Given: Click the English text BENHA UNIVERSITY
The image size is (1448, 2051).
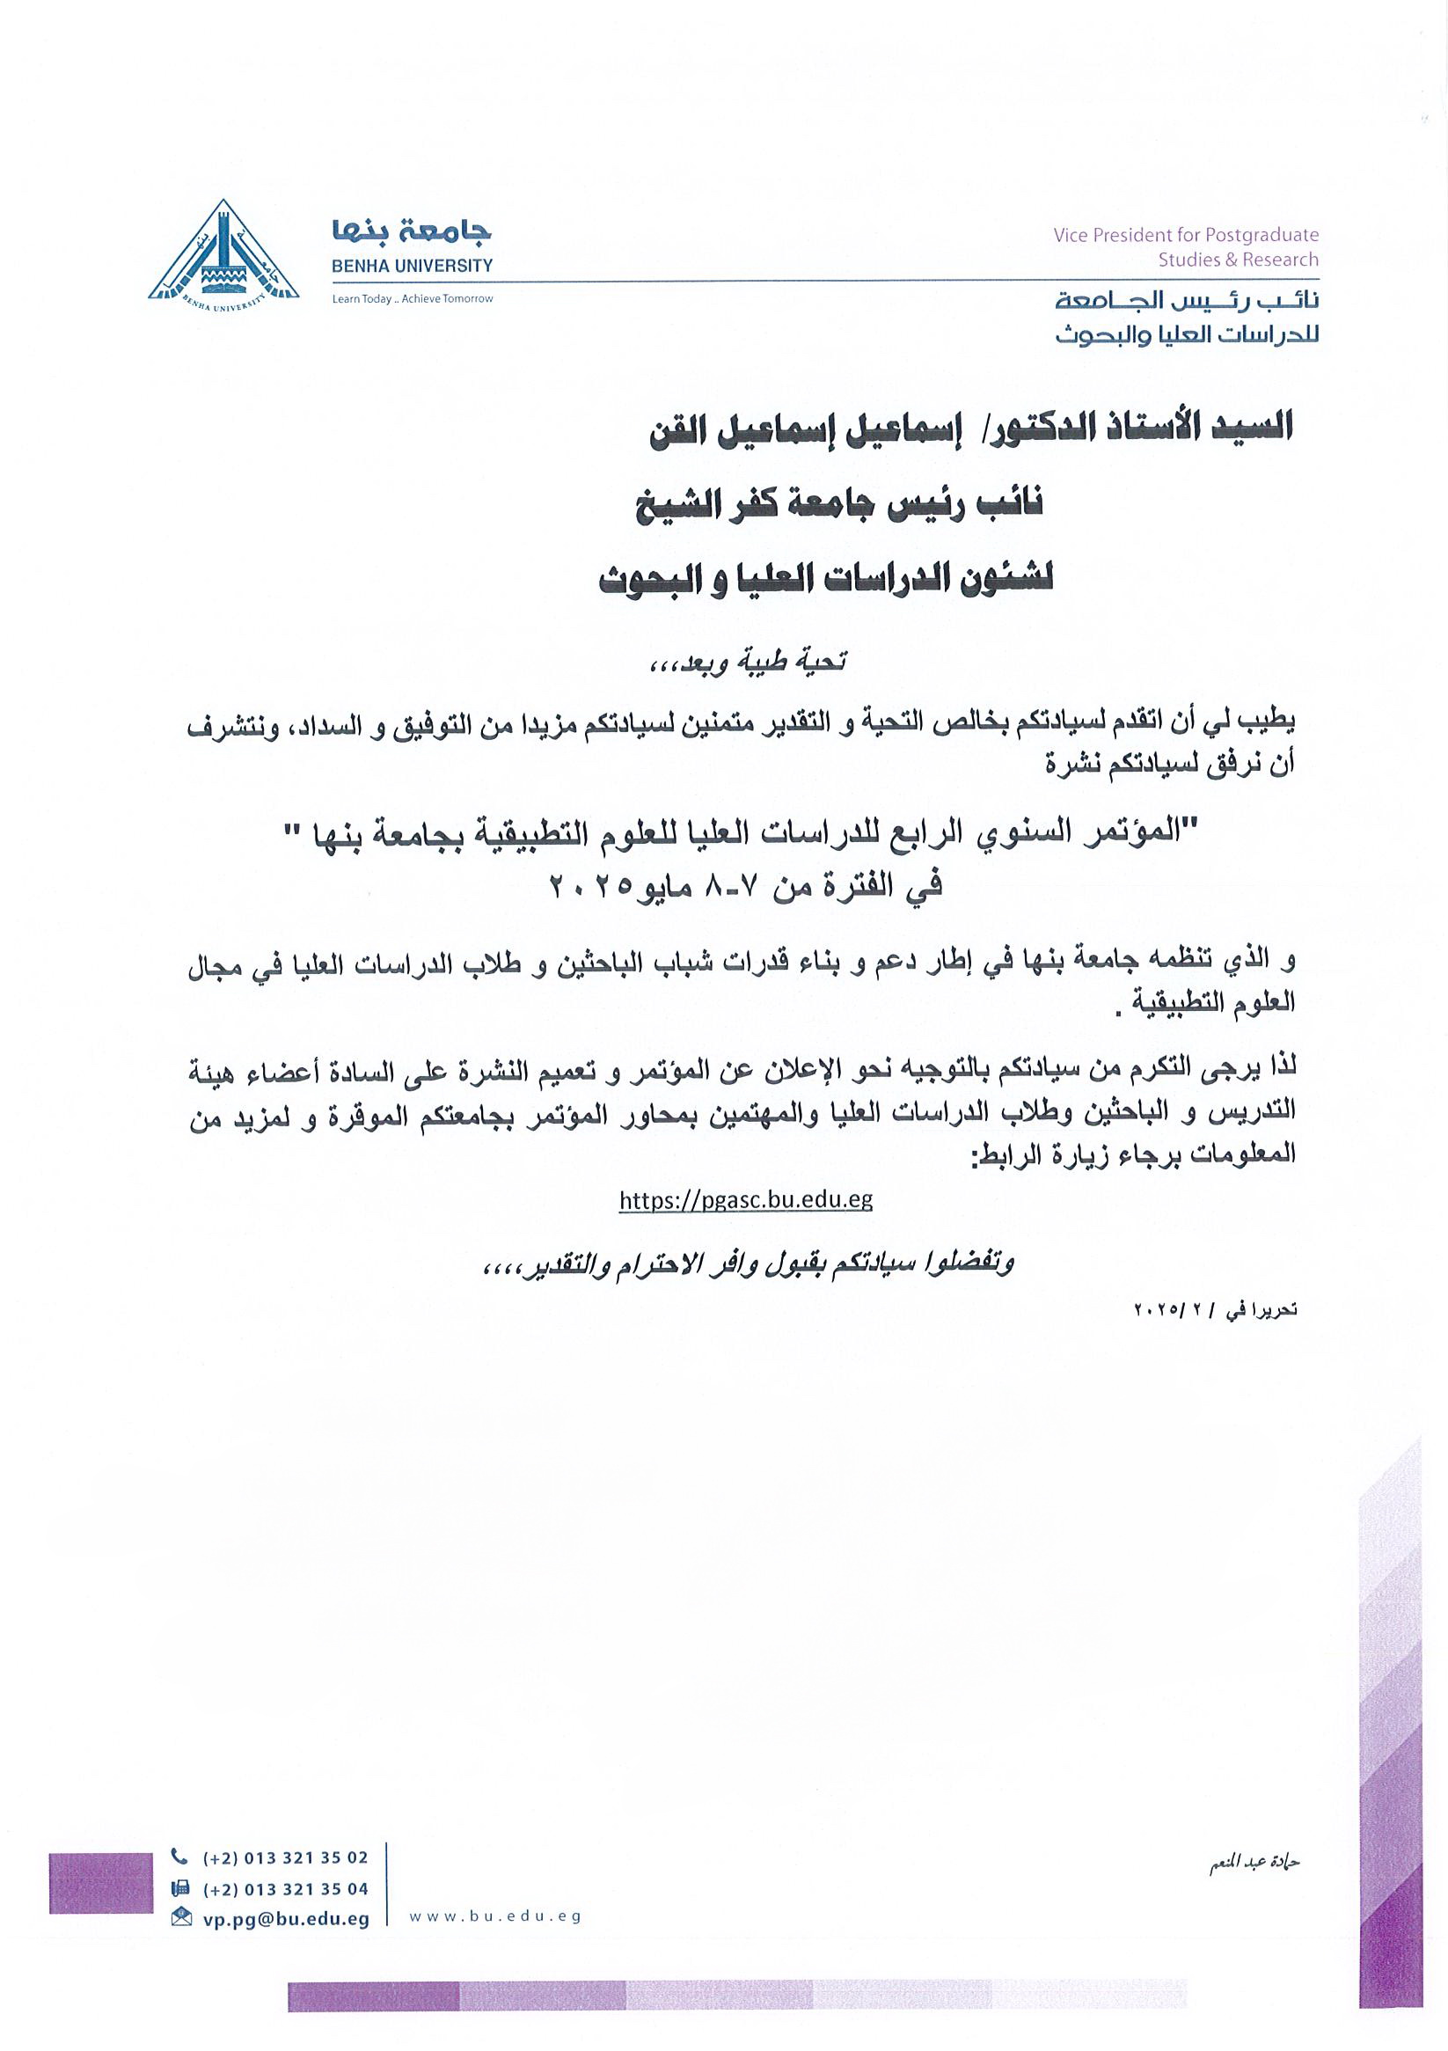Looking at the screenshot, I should coord(412,266).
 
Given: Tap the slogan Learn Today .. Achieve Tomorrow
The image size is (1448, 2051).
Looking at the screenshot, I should coord(412,299).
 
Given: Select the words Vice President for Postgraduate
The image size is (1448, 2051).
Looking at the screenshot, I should coord(1185,235).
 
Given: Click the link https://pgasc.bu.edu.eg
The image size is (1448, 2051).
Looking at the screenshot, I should coord(745,1199).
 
